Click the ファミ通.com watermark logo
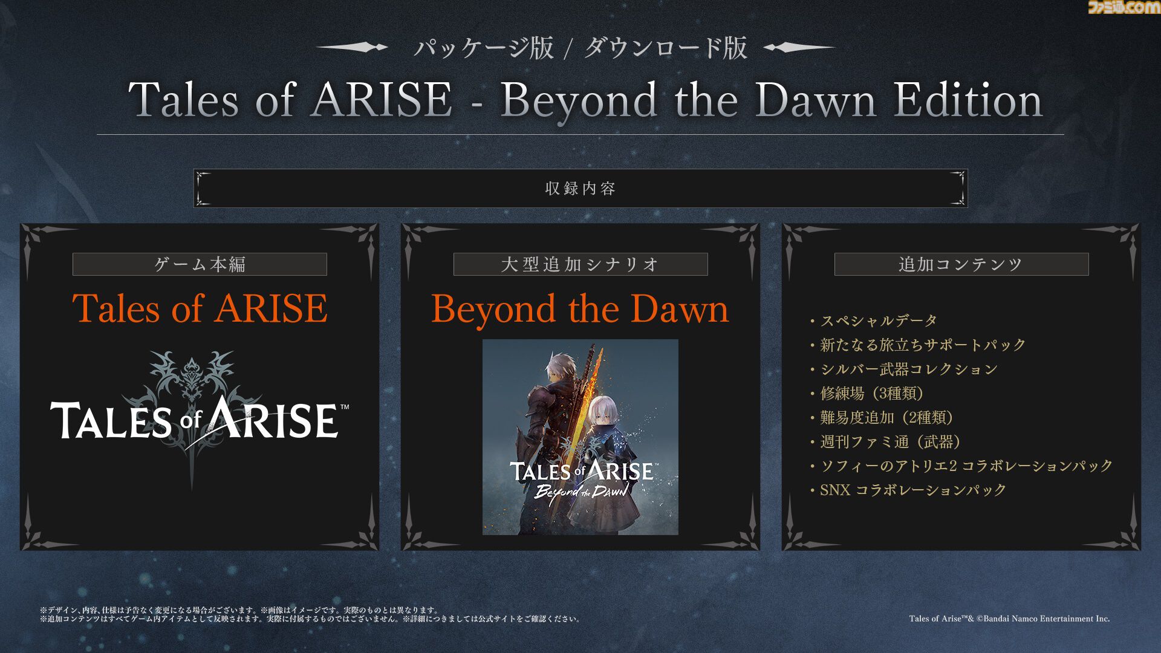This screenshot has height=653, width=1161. [1124, 7]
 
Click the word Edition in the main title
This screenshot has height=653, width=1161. [968, 100]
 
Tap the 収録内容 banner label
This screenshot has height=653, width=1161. [580, 188]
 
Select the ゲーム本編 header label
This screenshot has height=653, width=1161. [200, 264]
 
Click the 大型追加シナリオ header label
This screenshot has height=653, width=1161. [580, 264]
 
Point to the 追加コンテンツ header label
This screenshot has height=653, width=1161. [961, 264]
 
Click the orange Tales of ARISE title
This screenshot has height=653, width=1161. [200, 308]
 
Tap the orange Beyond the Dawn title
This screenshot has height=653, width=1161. [580, 310]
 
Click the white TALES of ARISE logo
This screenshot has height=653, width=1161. [200, 420]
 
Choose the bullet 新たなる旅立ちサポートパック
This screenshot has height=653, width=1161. [917, 345]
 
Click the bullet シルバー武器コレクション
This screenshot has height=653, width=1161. [903, 369]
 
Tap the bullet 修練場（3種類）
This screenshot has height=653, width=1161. [867, 393]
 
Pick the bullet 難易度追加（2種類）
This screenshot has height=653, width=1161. [882, 417]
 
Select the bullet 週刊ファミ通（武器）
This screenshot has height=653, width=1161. [885, 441]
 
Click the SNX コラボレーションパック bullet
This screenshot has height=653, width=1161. [908, 490]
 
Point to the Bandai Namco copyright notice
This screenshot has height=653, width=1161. [1009, 619]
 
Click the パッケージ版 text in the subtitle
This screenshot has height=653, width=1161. [484, 48]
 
